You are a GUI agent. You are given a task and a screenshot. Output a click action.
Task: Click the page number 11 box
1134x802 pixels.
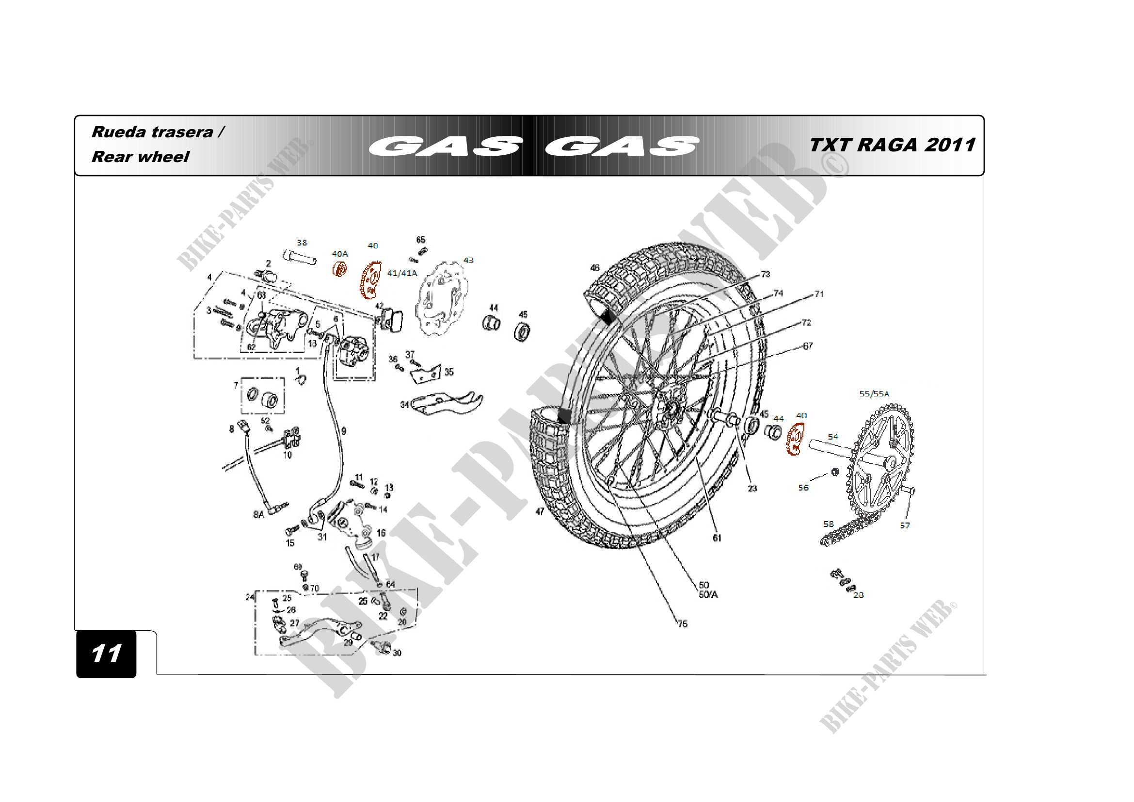106,653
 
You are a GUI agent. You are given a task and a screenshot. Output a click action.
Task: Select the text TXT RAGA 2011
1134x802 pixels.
892,145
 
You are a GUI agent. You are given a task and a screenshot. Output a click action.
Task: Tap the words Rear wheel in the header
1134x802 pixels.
140,157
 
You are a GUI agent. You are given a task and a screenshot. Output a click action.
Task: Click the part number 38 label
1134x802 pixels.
302,243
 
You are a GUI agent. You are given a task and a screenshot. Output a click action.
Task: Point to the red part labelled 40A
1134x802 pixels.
339,269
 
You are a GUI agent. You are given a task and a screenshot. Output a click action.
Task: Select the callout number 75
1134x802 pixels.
682,623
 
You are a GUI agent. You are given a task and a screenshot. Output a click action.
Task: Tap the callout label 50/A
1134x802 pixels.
708,594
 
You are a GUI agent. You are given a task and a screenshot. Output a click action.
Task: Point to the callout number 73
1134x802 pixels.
765,274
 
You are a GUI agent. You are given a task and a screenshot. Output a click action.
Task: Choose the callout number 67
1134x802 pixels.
808,346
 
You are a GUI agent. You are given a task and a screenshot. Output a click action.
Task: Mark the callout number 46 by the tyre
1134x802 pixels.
595,268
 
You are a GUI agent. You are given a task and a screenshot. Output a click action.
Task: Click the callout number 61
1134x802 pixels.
717,538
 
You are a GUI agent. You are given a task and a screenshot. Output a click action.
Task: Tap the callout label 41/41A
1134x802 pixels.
402,273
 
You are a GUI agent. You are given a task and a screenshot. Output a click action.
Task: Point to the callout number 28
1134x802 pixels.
859,595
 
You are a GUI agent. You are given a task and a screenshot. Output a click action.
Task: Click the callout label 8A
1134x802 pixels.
258,514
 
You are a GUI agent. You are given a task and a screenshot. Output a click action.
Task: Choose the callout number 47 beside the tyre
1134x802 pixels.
540,511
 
